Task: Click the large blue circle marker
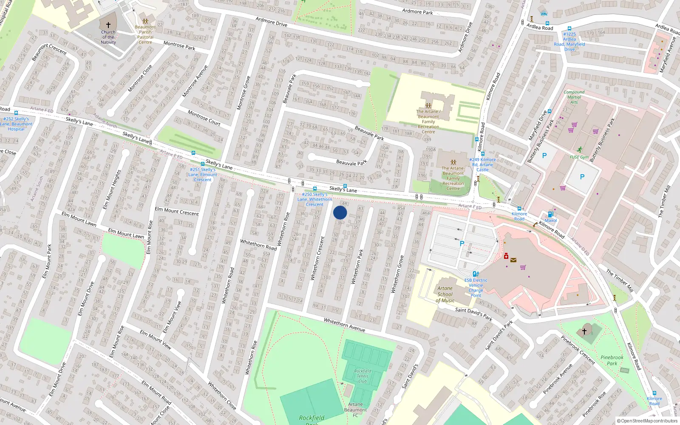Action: point(340,212)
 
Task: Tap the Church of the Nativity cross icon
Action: point(108,25)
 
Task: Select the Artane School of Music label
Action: point(445,294)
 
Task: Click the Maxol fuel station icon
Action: point(550,214)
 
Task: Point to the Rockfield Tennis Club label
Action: point(363,376)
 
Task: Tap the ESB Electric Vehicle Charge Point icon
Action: point(476,274)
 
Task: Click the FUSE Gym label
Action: point(579,157)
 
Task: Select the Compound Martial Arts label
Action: point(574,97)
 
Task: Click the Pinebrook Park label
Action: point(612,360)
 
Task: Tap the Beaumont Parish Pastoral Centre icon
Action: point(145,21)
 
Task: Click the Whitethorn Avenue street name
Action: point(344,325)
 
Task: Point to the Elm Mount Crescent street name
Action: point(177,211)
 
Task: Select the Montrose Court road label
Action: point(204,118)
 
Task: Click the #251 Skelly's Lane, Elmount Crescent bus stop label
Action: point(203,174)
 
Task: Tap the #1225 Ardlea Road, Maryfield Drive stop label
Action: point(569,42)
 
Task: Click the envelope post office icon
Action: point(513,260)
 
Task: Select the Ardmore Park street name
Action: point(417,11)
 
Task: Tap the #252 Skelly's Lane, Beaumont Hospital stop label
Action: point(16,124)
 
